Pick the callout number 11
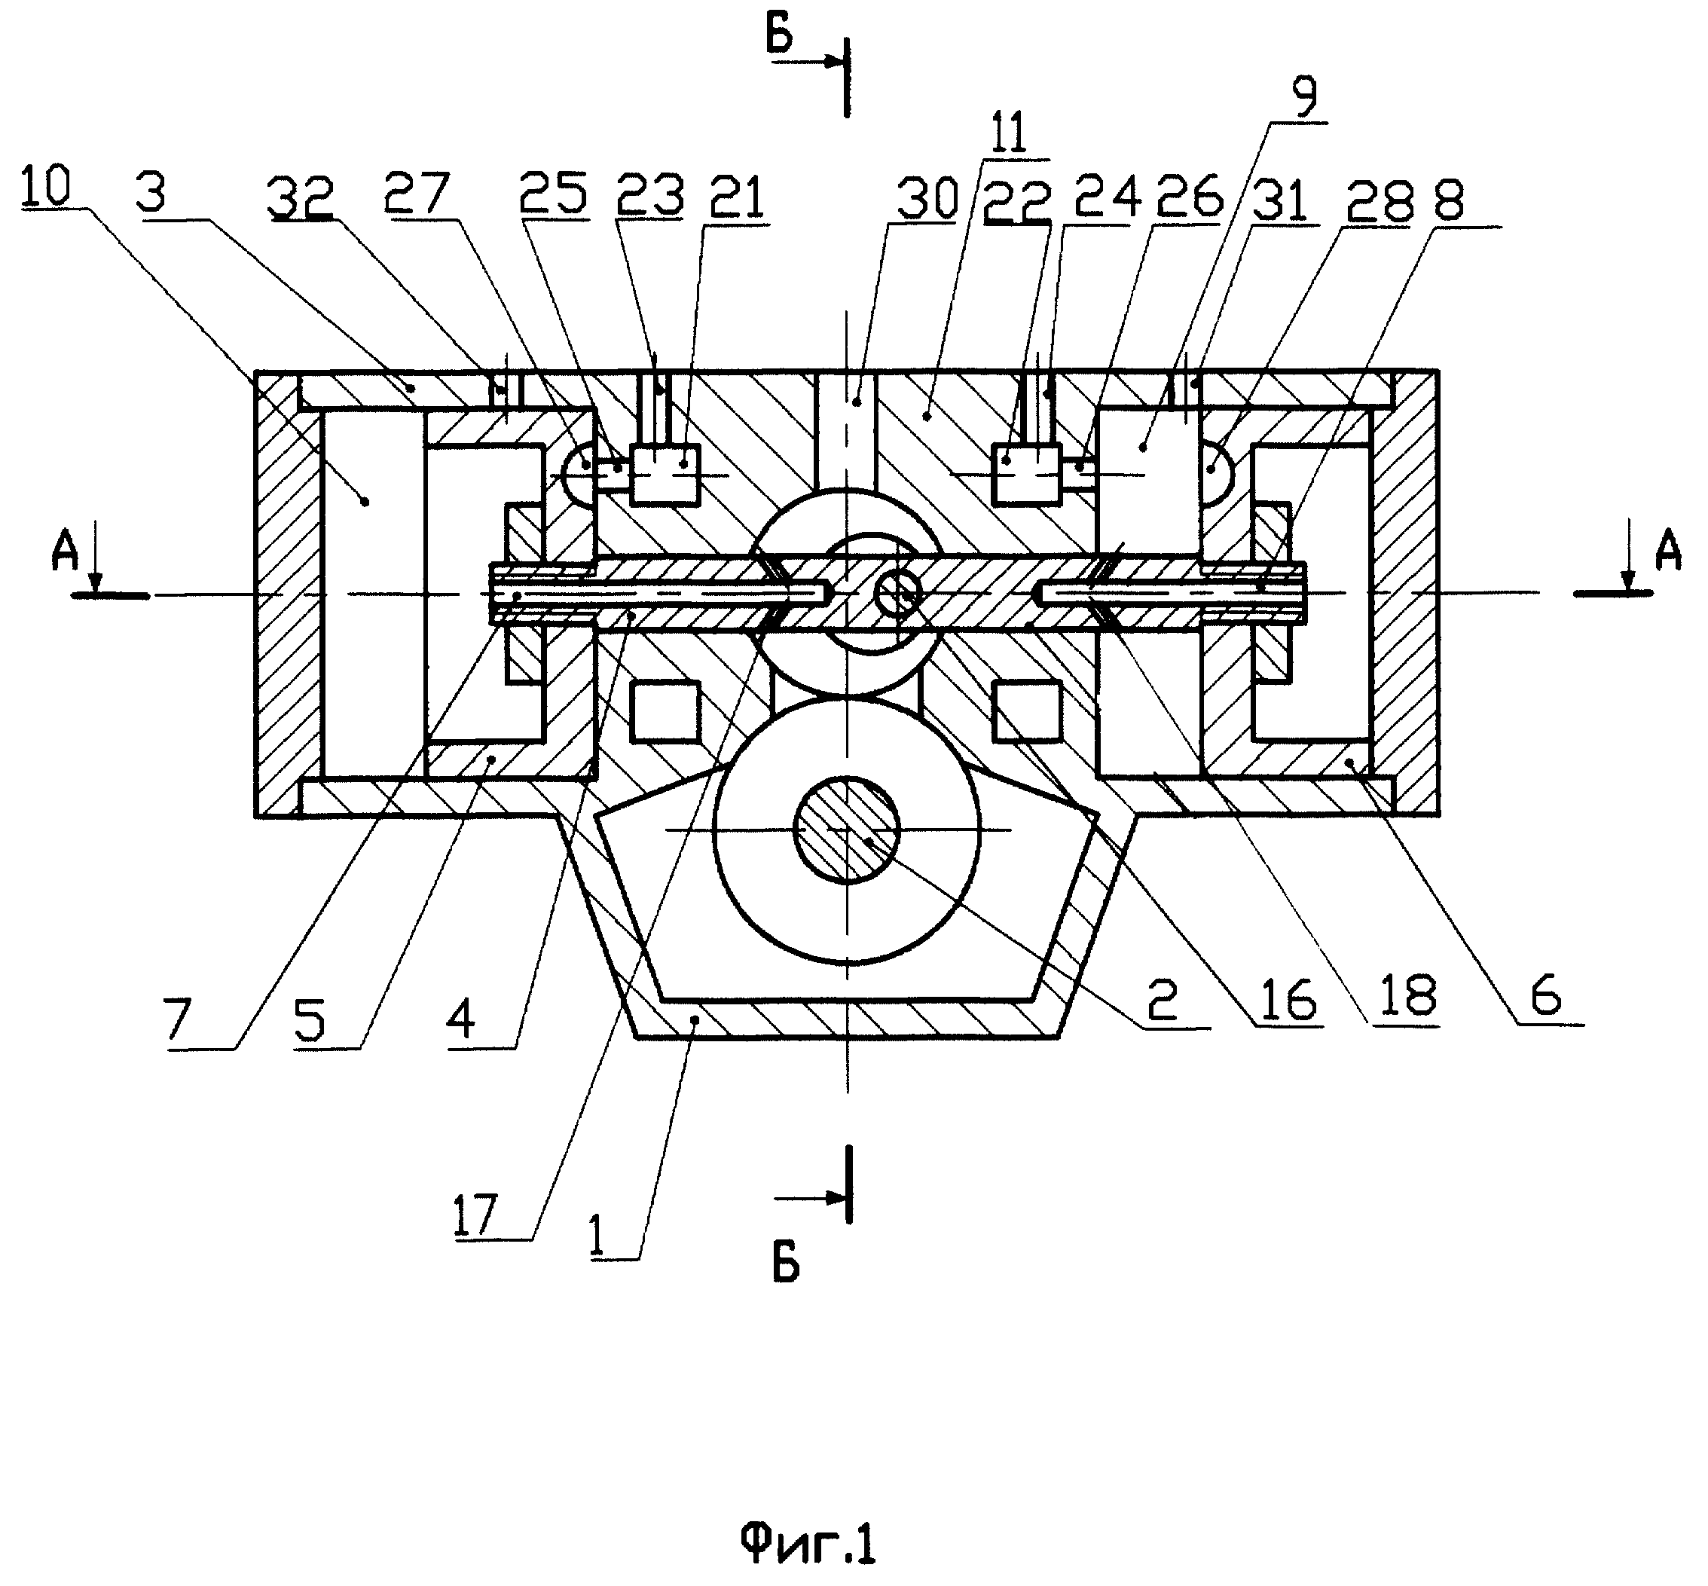coord(1016,135)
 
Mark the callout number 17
coord(475,1215)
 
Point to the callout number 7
coord(178,1021)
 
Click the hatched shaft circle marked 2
coord(846,829)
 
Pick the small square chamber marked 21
coord(665,474)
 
